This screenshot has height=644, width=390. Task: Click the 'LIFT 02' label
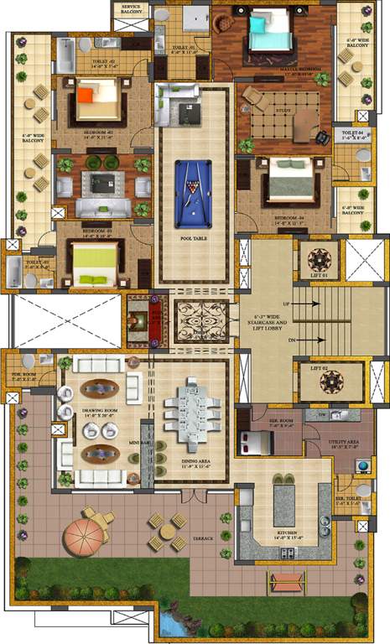pyautogui.click(x=320, y=368)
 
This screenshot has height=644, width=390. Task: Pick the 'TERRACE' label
pyautogui.click(x=202, y=537)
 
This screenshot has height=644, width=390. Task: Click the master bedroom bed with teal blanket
pyautogui.click(x=268, y=33)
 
